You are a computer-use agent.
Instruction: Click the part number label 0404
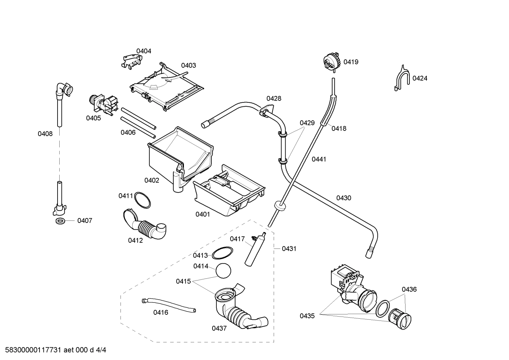(x=144, y=51)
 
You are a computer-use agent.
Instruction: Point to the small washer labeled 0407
(x=60, y=221)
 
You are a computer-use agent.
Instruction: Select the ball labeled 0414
(x=223, y=271)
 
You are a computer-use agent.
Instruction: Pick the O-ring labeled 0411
(x=143, y=200)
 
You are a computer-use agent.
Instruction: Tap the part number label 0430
(x=343, y=198)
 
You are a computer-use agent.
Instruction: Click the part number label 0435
(x=307, y=316)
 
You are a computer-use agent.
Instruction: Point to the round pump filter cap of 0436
(x=401, y=318)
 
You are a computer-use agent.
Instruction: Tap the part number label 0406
(x=128, y=132)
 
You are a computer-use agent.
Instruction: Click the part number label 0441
(x=319, y=159)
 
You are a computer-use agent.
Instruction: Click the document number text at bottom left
(x=54, y=350)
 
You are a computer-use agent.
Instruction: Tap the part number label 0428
(x=274, y=98)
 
